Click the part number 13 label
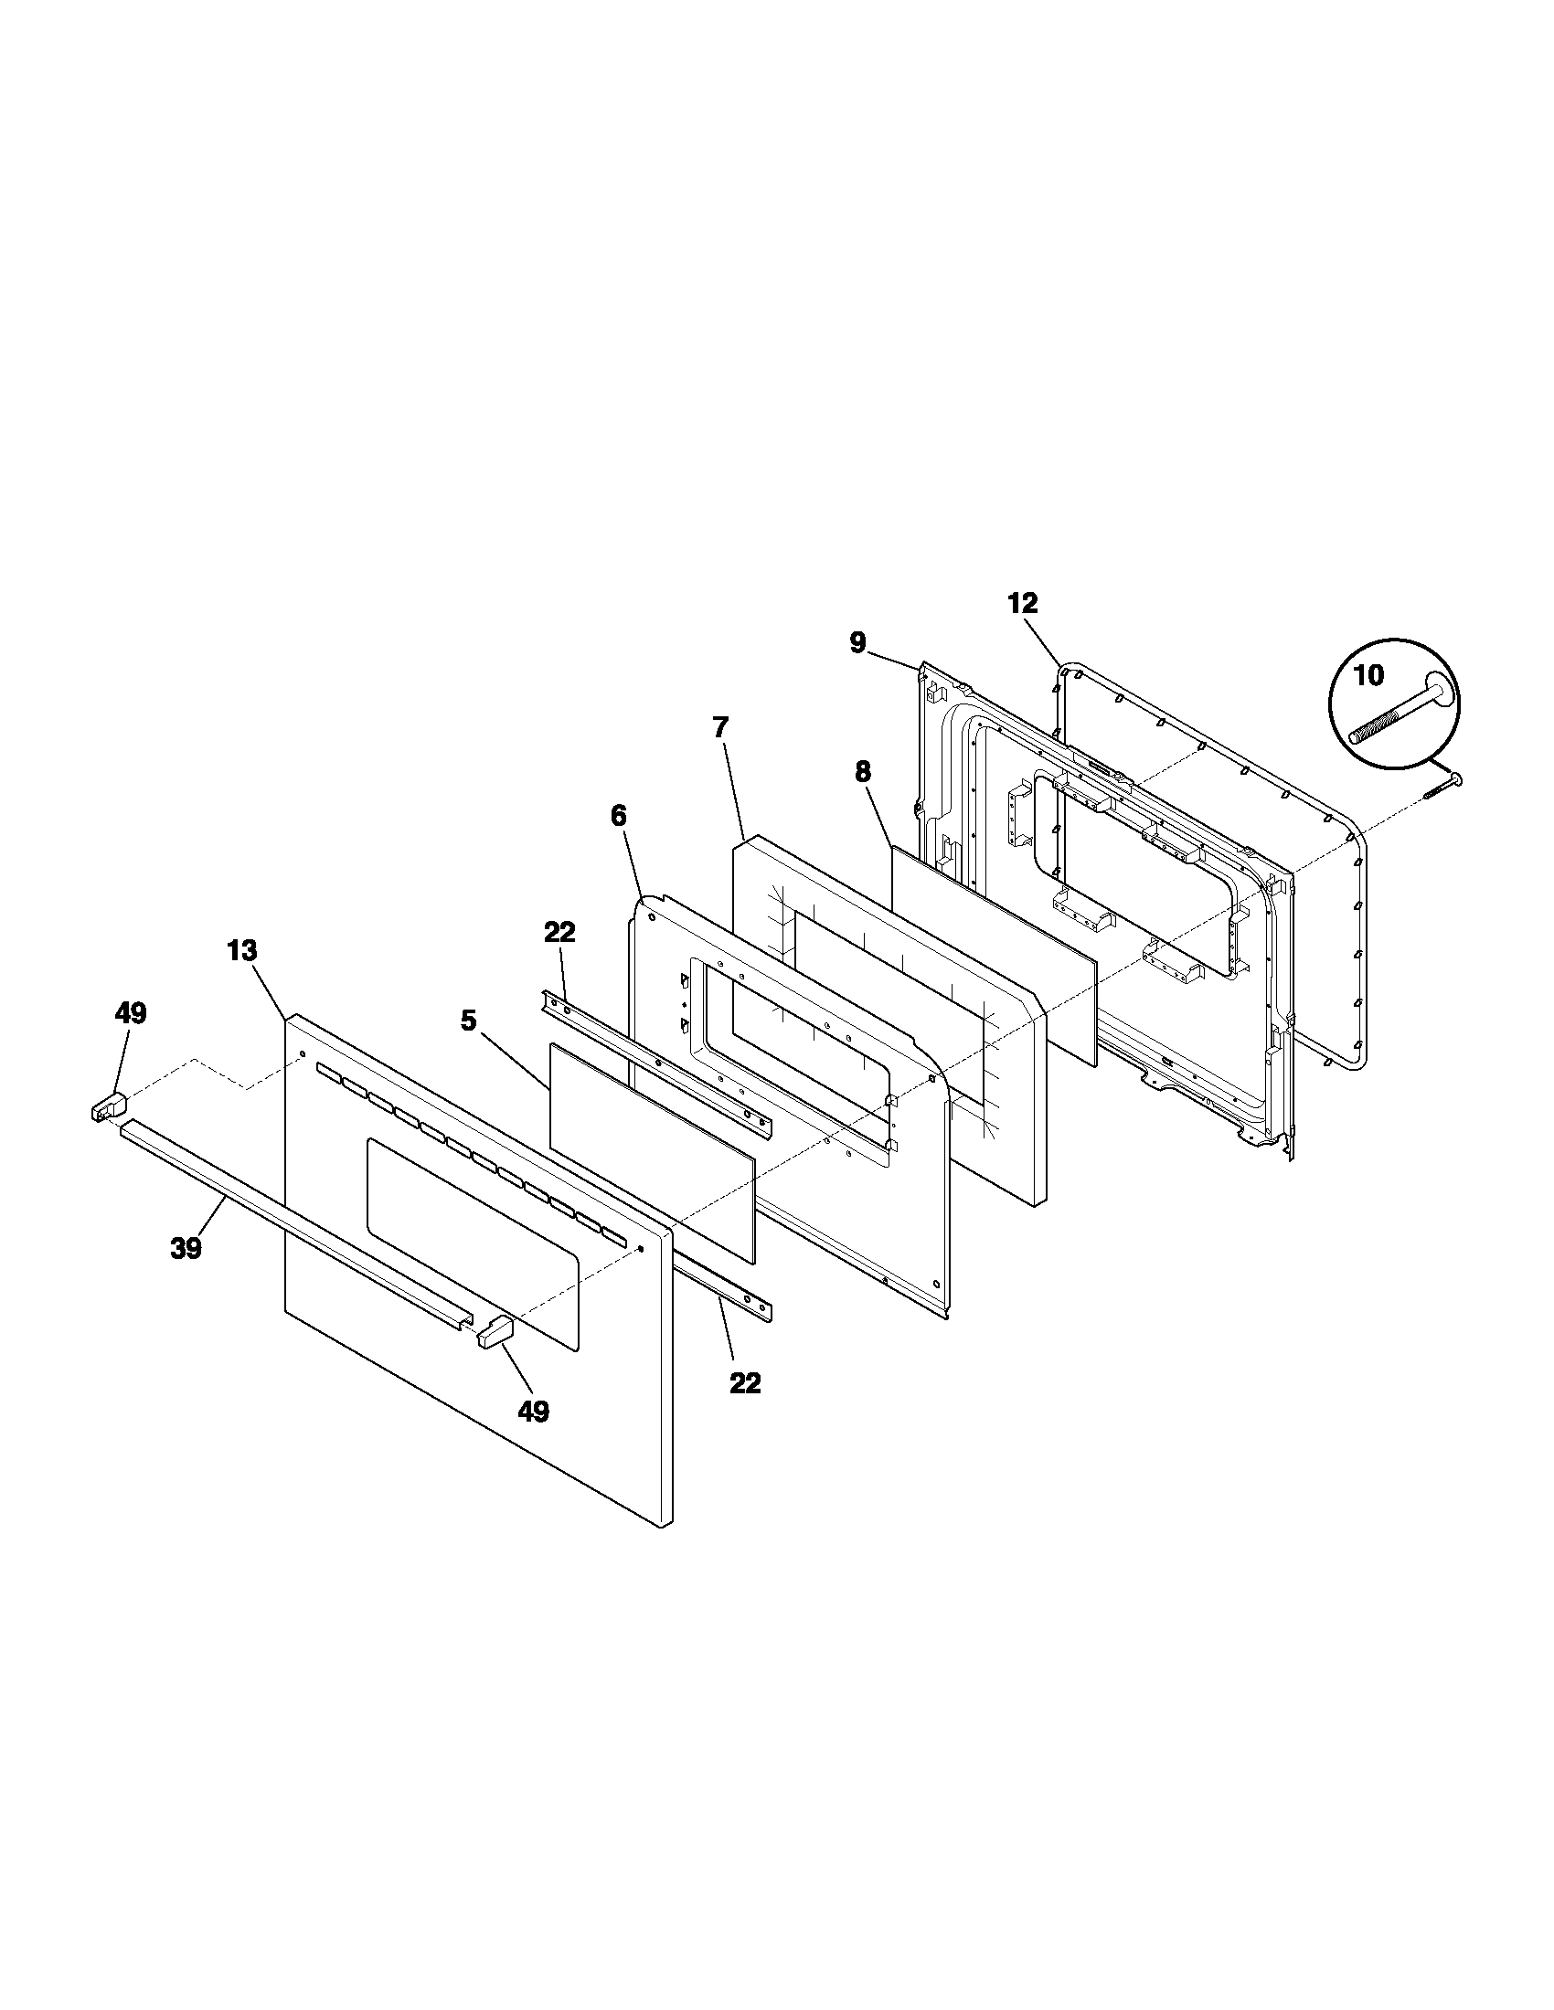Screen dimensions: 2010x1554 point(242,951)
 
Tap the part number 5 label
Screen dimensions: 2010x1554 point(469,1021)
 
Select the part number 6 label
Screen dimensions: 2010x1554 point(618,814)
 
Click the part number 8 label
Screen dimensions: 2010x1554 point(862,771)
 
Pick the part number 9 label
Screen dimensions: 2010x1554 point(857,642)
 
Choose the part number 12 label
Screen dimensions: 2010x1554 point(1022,603)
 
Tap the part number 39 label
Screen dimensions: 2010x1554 point(186,1248)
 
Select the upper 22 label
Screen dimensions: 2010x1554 point(559,932)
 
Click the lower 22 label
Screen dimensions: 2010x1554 point(745,1382)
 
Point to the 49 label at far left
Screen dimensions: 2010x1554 point(130,1013)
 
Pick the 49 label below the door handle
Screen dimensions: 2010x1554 point(534,1411)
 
